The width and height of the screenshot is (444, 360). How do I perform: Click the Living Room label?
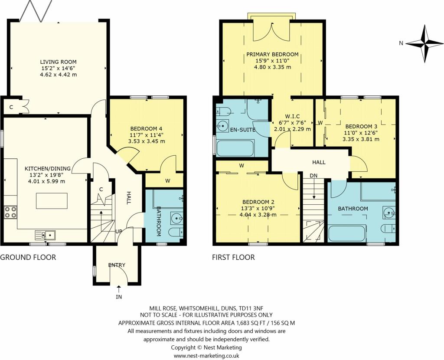click(x=59, y=62)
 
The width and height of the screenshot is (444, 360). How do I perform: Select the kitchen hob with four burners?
click(x=10, y=212)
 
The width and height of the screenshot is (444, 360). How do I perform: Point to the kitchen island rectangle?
click(x=52, y=201)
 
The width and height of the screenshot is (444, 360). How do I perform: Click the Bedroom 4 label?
click(x=147, y=128)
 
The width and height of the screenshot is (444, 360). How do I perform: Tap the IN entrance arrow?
click(x=119, y=289)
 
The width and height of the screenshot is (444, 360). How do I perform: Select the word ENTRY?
click(x=117, y=265)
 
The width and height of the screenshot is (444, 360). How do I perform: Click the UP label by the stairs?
click(x=119, y=232)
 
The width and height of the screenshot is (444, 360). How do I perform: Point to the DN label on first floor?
click(x=313, y=176)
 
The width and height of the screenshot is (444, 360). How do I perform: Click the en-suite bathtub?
click(x=235, y=148)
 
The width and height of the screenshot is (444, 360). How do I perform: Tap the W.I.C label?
click(x=292, y=116)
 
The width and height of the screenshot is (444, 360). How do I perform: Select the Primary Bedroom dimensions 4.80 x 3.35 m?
click(x=272, y=67)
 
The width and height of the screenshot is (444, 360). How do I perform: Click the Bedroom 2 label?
click(x=258, y=202)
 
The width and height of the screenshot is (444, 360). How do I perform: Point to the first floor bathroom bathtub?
click(x=347, y=233)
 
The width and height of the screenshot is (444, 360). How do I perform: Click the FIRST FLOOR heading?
click(x=233, y=257)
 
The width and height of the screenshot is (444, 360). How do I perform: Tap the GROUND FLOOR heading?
click(x=28, y=257)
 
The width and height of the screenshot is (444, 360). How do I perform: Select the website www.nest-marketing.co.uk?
click(x=206, y=356)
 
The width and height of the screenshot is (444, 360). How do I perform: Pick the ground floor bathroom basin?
click(x=177, y=218)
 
